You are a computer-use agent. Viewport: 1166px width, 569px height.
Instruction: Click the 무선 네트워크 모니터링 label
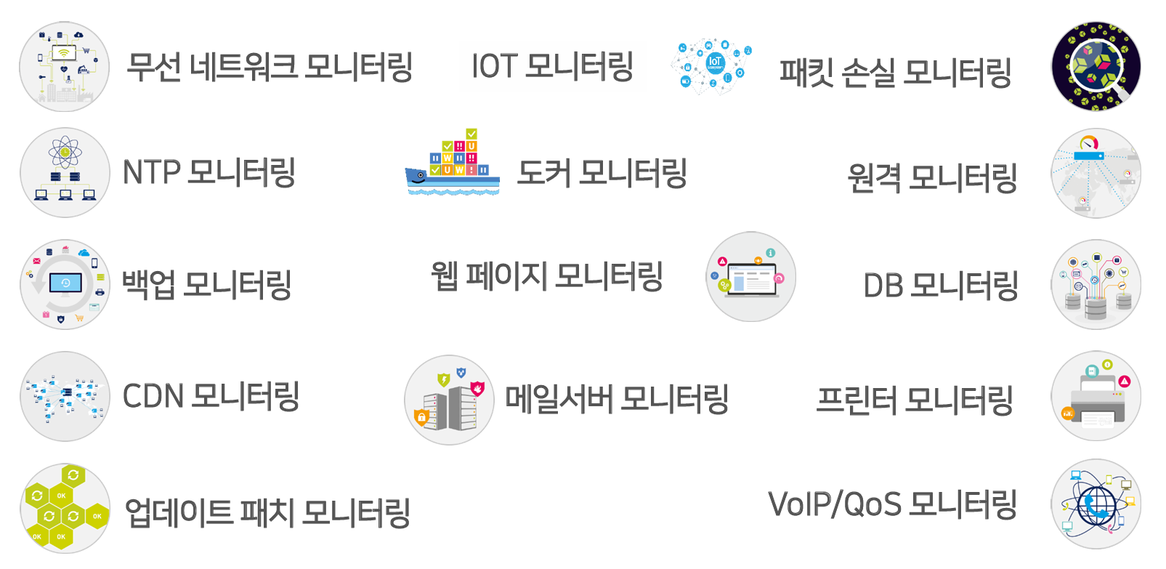point(270,67)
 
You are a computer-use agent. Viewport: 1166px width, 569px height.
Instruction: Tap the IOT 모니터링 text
point(552,66)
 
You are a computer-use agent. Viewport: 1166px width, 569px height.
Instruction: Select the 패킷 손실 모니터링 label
point(895,73)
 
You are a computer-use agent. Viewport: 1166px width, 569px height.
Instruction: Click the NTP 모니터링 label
point(208,173)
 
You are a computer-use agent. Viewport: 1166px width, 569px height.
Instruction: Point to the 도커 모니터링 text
point(602,173)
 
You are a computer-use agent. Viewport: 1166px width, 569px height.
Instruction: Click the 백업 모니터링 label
point(206,284)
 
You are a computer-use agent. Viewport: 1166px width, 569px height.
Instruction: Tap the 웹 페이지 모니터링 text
point(546,276)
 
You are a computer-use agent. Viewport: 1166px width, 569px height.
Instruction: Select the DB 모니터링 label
point(940,286)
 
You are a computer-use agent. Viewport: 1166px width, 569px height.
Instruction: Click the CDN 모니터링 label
point(211,397)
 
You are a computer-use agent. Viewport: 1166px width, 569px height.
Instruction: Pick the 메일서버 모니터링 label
point(617,399)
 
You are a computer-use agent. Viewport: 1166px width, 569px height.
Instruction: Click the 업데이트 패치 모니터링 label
point(267,512)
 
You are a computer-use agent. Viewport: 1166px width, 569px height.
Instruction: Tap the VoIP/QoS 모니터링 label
point(892,504)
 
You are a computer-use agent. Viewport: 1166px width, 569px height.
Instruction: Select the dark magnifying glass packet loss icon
point(1096,66)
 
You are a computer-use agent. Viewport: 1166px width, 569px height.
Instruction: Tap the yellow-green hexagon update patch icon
point(65,508)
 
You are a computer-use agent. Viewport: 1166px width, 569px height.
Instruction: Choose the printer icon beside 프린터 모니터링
point(1096,397)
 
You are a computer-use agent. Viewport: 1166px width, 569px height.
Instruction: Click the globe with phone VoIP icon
point(1096,504)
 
